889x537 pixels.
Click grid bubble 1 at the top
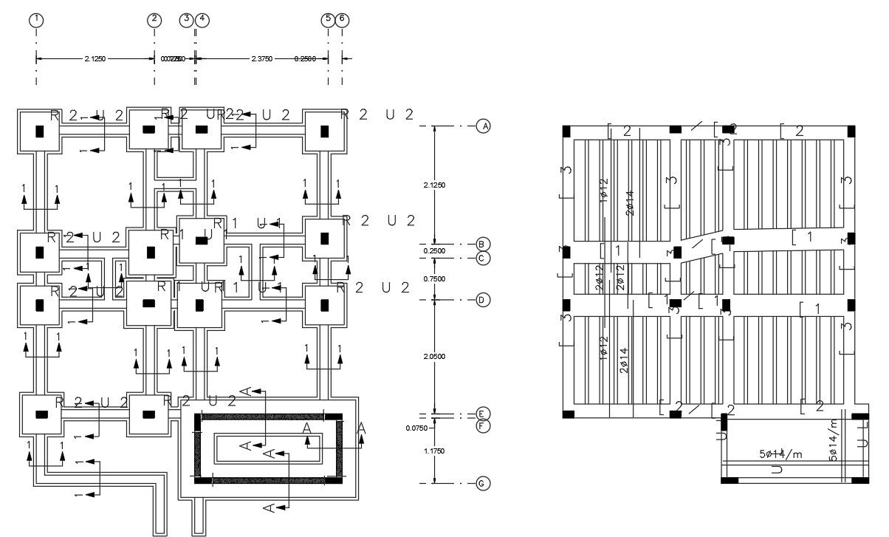[x=35, y=20]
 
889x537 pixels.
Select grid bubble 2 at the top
[x=154, y=20]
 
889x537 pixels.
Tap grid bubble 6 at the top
[x=342, y=20]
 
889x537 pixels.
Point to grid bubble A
[x=484, y=126]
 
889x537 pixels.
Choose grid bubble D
[x=484, y=300]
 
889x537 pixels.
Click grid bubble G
[x=484, y=484]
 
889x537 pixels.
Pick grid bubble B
[x=484, y=244]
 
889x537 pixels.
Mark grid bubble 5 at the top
[x=328, y=20]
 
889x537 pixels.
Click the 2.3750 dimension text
[x=264, y=58]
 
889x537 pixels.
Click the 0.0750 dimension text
[x=417, y=428]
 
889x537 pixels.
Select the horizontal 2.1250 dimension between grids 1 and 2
[x=97, y=58]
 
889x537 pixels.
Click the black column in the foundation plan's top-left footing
[x=41, y=131]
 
